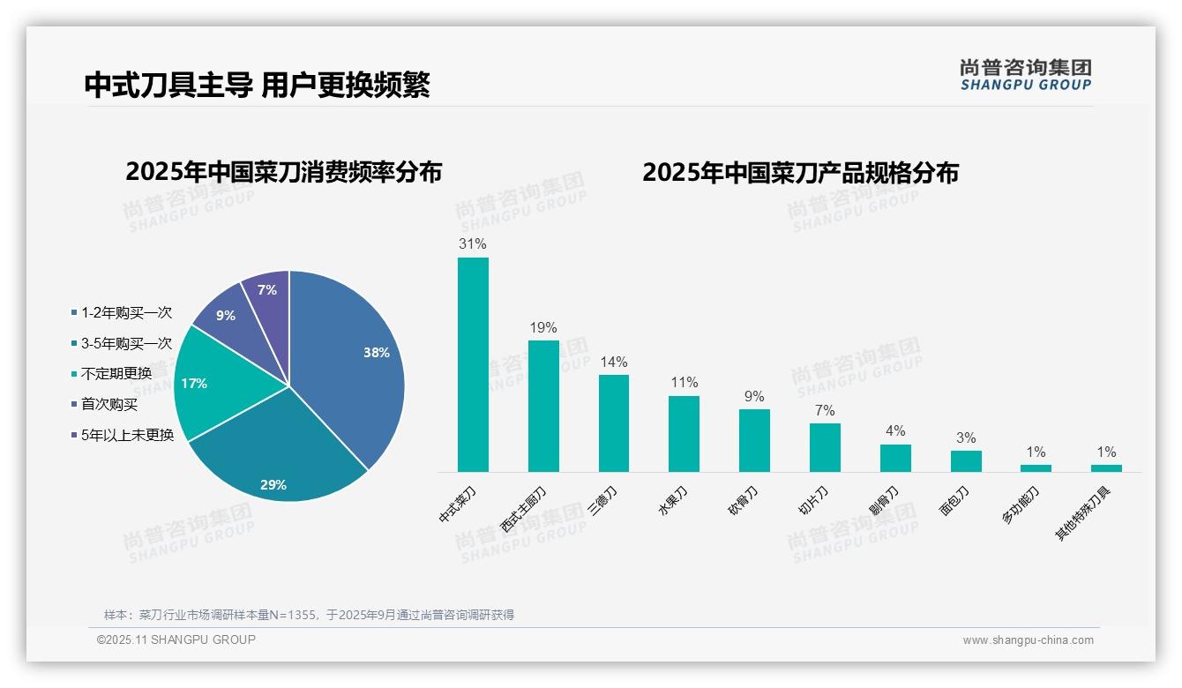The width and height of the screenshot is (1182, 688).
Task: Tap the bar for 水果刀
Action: (x=684, y=433)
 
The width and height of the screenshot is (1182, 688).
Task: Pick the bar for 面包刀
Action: (x=966, y=460)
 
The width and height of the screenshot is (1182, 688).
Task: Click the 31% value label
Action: (x=473, y=243)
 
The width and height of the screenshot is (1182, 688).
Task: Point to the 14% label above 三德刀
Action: (x=613, y=362)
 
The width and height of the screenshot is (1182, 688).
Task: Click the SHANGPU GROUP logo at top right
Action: (x=1025, y=75)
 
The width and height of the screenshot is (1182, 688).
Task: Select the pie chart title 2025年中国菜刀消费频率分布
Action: (x=283, y=172)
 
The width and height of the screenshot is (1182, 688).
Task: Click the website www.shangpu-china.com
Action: (x=1028, y=639)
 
